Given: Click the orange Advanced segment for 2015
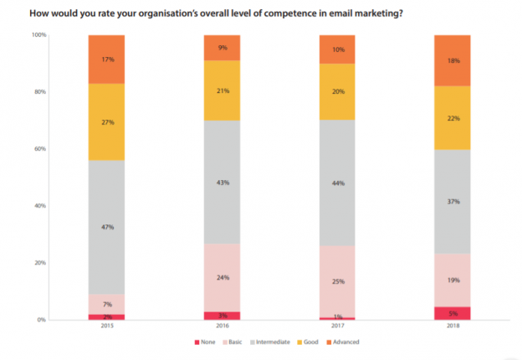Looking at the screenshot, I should tap(106, 59).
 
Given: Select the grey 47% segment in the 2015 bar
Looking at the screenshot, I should tap(106, 226).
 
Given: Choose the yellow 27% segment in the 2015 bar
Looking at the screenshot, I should tap(106, 121).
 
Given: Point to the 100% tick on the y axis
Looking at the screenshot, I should tap(38, 35).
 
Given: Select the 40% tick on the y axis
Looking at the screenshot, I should tap(40, 206).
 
